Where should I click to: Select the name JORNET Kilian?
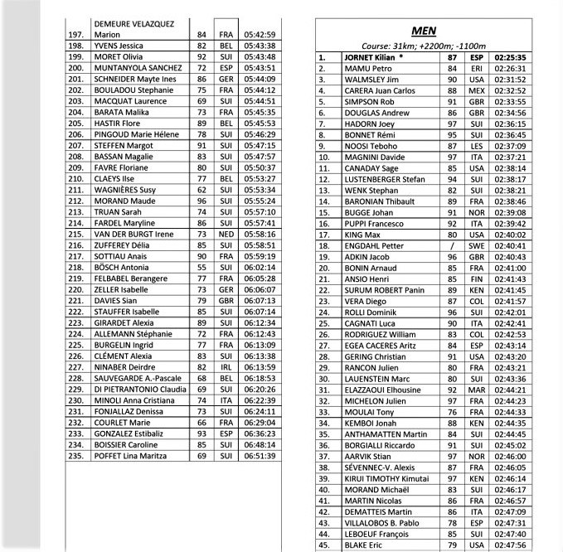373,57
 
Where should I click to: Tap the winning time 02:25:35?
510,57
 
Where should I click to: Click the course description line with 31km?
424,46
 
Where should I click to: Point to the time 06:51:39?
260,456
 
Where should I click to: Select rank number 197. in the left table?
75,35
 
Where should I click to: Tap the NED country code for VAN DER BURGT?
225,235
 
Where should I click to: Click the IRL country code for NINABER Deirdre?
225,366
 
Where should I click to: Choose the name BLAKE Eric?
363,545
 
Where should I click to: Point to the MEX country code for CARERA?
475,90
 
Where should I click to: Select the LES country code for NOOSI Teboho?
475,146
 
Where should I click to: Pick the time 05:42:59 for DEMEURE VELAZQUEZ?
260,35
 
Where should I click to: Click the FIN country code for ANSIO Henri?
475,279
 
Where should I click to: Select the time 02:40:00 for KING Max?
510,235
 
